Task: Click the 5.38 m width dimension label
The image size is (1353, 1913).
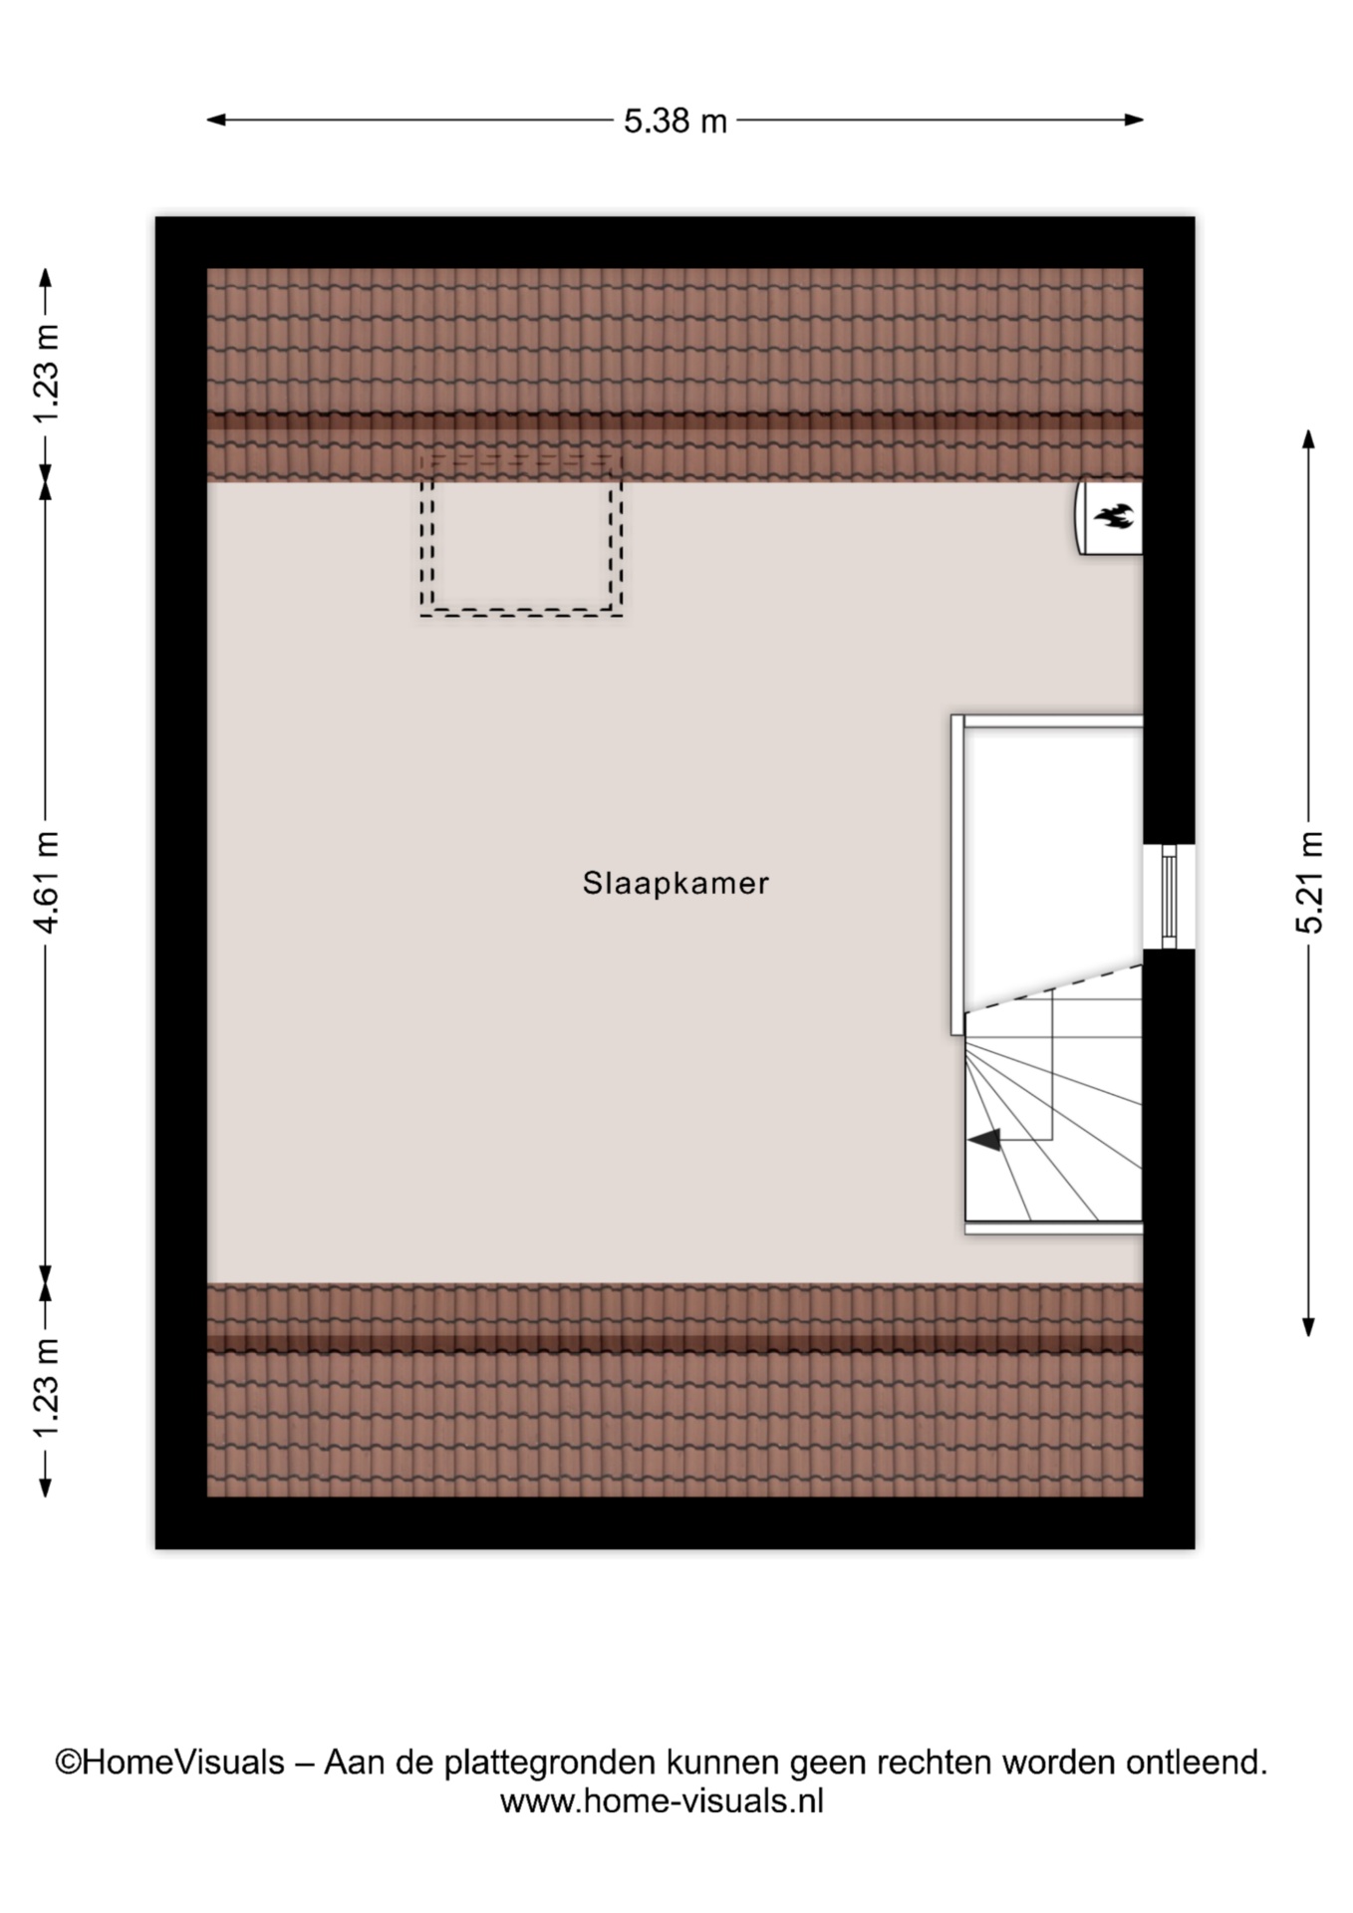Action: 675,121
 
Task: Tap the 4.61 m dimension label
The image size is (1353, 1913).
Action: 47,882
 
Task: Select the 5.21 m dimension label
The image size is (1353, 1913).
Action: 1309,882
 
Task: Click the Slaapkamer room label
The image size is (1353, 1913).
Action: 676,883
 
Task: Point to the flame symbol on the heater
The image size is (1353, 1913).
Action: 1114,516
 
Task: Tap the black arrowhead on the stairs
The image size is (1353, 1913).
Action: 984,1140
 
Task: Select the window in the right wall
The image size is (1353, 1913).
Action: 1169,897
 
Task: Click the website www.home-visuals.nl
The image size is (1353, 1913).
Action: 662,1800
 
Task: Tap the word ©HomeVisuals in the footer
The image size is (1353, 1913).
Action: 170,1763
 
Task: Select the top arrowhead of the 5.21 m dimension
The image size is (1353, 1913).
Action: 1309,438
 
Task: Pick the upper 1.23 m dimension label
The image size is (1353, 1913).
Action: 47,374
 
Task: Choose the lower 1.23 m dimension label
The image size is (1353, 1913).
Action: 47,1389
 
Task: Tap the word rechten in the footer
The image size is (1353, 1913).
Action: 935,1763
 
